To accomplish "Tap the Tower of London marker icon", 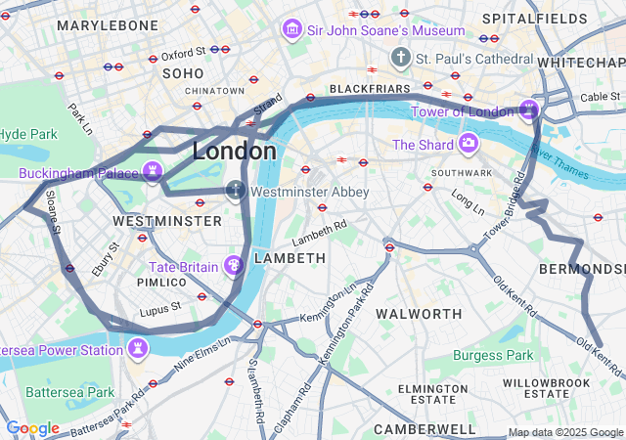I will (529, 109).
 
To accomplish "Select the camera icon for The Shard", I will (468, 144).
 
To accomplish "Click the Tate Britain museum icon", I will (233, 265).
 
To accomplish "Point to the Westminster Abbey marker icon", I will (235, 191).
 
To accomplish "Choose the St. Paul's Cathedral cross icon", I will (399, 59).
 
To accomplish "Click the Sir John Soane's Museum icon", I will (291, 30).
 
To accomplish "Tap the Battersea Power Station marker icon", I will (138, 348).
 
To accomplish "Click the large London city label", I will (235, 152).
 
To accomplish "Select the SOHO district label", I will (183, 73).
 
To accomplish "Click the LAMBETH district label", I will (290, 258).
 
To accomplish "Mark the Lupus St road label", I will (161, 309).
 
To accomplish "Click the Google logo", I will (32, 428).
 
